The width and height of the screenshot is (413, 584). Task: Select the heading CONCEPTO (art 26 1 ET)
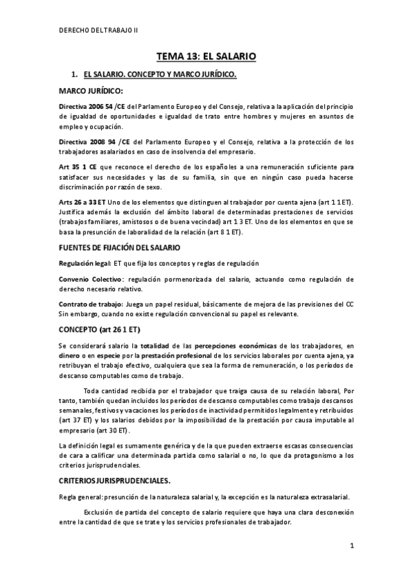tap(99, 330)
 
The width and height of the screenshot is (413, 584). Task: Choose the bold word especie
tap(102, 355)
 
